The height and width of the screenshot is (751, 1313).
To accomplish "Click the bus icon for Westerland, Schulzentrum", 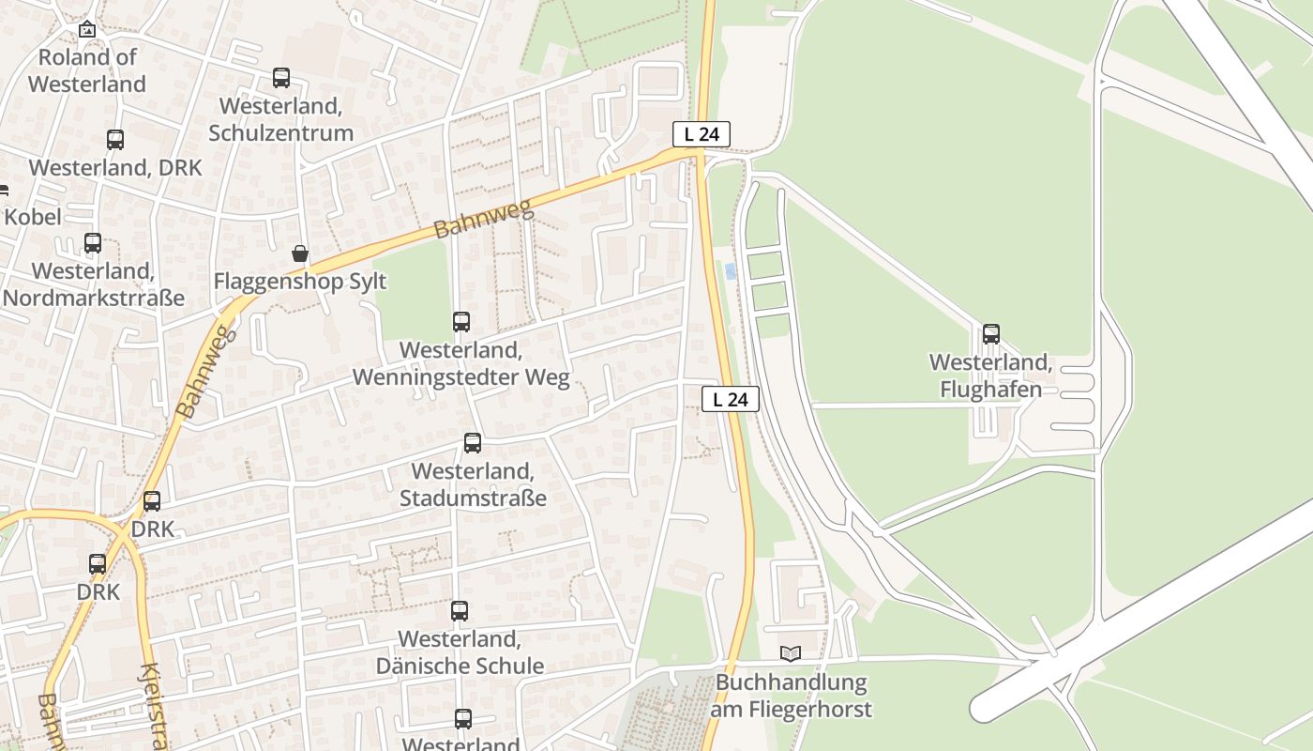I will [281, 78].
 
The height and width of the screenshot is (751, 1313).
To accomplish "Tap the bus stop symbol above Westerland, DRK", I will [115, 140].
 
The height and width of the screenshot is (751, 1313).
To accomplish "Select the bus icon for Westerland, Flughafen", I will [991, 334].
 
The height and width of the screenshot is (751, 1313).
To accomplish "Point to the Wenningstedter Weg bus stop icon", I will [461, 322].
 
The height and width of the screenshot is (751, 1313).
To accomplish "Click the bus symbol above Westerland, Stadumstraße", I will [473, 443].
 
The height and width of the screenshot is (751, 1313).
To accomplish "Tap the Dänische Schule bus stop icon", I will [460, 611].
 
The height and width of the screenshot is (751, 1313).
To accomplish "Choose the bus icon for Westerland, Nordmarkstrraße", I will [93, 243].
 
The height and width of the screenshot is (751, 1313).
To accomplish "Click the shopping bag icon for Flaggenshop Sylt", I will [300, 253].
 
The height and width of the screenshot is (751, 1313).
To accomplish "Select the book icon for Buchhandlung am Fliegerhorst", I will [792, 653].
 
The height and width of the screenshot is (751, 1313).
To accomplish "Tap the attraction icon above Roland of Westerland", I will [87, 29].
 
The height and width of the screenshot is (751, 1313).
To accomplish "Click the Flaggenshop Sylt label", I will [300, 281].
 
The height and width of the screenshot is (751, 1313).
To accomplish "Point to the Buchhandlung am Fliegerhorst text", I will [791, 696].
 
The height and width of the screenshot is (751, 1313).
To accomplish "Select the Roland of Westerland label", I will [87, 70].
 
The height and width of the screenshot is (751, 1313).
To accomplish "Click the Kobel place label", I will [33, 217].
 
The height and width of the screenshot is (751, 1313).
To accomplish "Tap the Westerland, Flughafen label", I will [991, 375].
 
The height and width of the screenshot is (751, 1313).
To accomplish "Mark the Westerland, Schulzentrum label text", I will [281, 119].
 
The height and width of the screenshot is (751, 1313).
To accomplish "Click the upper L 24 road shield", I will [702, 134].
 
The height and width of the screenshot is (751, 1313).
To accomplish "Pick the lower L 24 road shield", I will [731, 399].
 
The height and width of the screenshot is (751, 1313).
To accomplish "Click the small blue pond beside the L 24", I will [731, 271].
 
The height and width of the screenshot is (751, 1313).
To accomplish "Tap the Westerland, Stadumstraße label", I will [473, 484].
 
